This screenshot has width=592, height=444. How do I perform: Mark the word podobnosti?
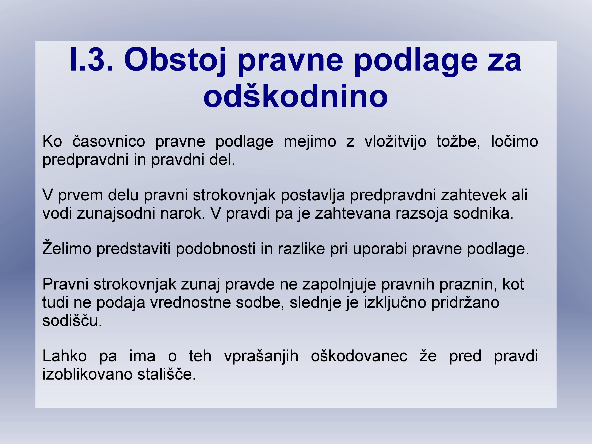tap(215, 249)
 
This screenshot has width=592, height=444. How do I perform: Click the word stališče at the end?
tap(167, 374)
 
